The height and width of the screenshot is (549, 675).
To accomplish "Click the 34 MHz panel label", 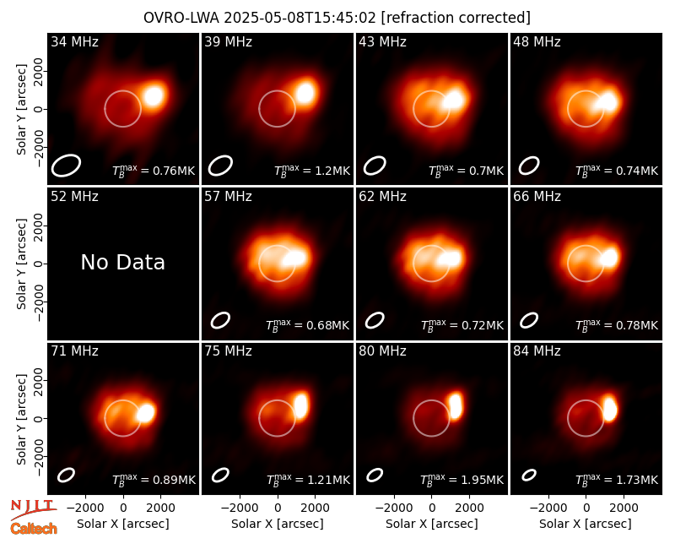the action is click(74, 41).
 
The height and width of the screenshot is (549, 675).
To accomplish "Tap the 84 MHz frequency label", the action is click(537, 351).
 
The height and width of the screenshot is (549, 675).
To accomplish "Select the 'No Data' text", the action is click(122, 263).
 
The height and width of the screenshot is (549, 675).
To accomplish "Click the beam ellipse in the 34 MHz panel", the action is click(66, 166).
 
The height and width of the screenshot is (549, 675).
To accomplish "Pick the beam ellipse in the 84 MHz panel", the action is click(529, 475).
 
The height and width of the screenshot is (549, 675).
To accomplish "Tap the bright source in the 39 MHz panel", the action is click(305, 93).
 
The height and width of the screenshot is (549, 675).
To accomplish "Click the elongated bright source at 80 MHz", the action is click(456, 405).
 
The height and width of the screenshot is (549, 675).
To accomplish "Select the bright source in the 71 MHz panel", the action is click(145, 413).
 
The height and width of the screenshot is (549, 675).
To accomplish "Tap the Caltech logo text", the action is click(34, 529).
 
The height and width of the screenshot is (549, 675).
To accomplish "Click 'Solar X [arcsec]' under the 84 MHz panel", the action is click(586, 524).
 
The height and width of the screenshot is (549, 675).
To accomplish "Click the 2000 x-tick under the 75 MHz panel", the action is click(315, 508).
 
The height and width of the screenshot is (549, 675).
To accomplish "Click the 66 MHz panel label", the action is click(537, 197).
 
